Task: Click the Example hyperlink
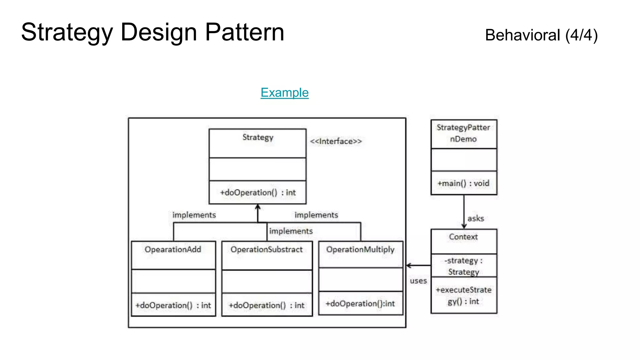284,92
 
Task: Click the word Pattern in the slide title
244,32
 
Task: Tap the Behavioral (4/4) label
541,35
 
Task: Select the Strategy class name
258,137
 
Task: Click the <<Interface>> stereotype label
336,141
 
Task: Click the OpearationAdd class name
173,249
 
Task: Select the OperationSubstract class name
267,249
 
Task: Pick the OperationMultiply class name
360,249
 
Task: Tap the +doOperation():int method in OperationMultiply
360,303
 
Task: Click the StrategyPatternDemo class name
463,133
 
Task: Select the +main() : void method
463,183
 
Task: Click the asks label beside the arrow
476,218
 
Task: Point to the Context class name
463,237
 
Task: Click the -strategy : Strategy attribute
463,266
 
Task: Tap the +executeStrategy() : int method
463,295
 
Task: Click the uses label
418,281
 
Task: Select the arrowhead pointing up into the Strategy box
258,207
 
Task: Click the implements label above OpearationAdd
194,215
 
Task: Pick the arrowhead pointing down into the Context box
464,226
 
